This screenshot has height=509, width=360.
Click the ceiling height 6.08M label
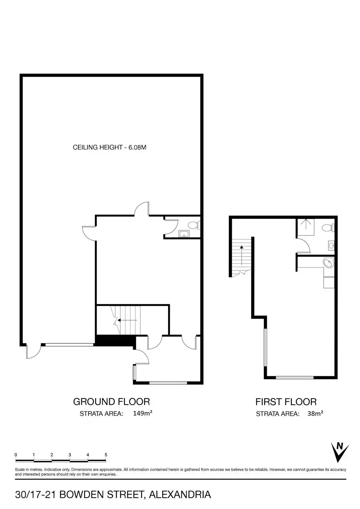coord(109,147)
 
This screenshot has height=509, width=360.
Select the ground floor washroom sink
coord(184,233)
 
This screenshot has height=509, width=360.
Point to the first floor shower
coord(306,227)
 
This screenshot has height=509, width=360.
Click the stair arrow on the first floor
coord(241,255)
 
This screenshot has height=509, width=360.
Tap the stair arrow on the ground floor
coord(127,320)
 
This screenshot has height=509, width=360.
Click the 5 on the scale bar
coord(106,455)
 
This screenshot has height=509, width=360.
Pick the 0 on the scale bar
coord(16,455)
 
